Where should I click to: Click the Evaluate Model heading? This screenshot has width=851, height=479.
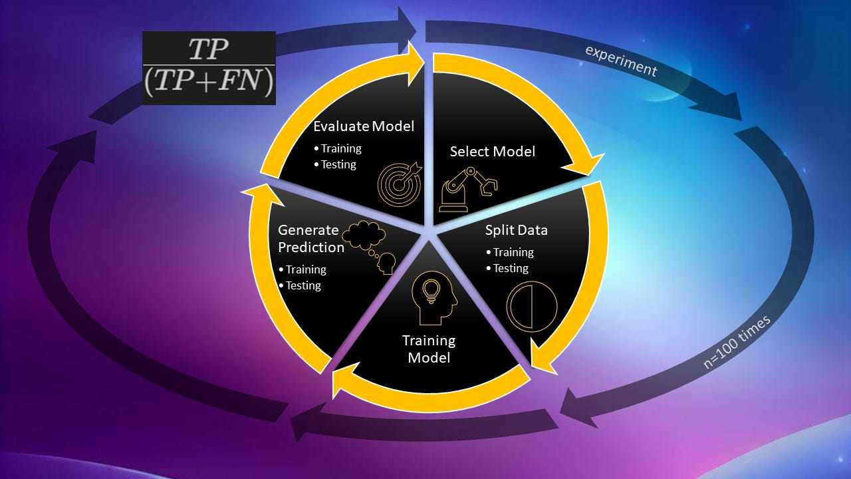point(364,126)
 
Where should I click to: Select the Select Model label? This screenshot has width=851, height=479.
point(492,152)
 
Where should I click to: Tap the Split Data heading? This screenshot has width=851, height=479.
point(517,230)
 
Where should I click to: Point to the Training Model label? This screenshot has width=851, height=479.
point(429,349)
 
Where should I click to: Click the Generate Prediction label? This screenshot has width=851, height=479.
point(311,239)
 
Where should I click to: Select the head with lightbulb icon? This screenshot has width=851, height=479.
point(434,299)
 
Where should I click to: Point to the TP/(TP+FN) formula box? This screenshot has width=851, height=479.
point(209,68)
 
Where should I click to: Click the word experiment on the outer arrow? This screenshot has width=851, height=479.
point(620,61)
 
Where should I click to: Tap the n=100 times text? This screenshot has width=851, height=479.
point(737,342)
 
